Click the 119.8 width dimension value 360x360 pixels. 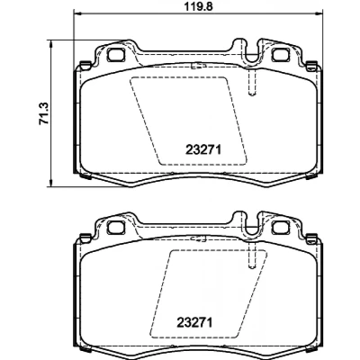click(198, 6)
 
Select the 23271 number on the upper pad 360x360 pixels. click(203, 149)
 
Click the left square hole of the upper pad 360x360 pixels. click(115, 55)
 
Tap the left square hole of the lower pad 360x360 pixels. click(115, 227)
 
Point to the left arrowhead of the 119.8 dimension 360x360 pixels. click(77, 13)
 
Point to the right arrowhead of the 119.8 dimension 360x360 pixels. click(319, 13)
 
